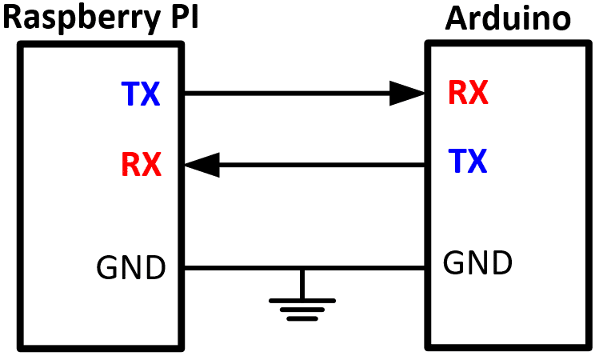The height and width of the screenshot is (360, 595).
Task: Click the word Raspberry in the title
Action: pos(76,18)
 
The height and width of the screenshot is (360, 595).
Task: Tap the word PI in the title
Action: pos(178,18)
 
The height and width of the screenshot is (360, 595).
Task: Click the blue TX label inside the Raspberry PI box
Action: pos(141,95)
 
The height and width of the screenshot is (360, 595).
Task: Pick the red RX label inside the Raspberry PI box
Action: pos(141,165)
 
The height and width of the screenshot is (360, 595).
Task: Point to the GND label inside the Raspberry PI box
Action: pos(131,267)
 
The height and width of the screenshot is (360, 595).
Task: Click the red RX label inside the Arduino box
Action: pos(468,94)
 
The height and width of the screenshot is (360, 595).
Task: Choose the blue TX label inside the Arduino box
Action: pos(468,162)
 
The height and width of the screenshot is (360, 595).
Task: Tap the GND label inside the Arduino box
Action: pos(477,262)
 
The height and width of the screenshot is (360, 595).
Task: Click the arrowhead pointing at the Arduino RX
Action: pos(408,94)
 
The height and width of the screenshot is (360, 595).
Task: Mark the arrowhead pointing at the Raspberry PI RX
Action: pos(202,165)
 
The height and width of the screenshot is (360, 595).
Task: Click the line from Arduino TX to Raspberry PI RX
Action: pos(320,165)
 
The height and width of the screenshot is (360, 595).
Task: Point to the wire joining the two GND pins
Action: pos(240,267)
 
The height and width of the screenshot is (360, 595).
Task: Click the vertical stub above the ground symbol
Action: pos(301,284)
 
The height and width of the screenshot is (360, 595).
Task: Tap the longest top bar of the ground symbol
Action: pos(301,301)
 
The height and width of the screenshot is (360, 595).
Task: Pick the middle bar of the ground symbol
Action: pos(301,310)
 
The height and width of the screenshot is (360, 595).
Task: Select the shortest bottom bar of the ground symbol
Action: pos(301,318)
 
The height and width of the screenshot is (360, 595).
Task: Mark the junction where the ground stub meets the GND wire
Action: pos(301,267)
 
